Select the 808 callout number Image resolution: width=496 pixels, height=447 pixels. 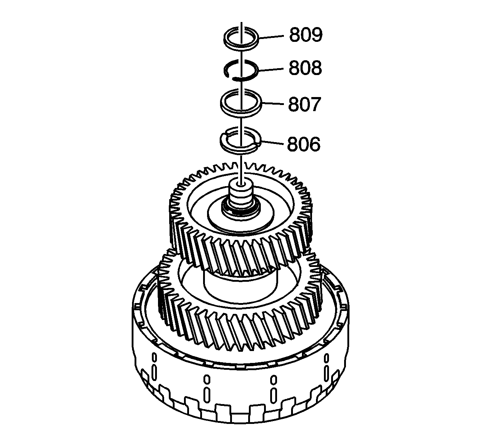click(x=306, y=68)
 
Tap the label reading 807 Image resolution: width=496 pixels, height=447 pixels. click(x=304, y=104)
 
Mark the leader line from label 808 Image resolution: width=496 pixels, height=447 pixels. click(x=271, y=70)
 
